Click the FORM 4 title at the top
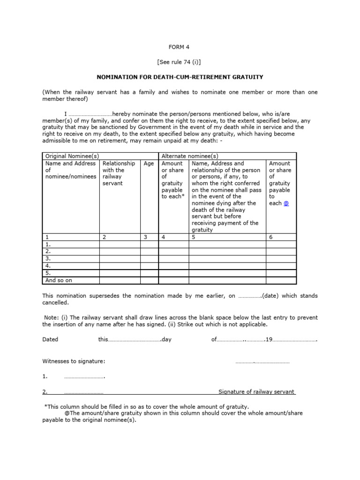click(180, 47)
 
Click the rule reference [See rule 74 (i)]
click(180, 62)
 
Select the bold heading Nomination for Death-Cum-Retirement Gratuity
click(180, 76)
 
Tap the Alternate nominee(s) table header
click(190, 156)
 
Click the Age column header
click(149, 164)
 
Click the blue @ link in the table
click(286, 203)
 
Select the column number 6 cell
click(271, 237)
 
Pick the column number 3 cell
click(146, 237)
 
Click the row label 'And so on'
click(59, 280)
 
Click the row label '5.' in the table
click(48, 273)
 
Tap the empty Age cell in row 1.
click(150, 244)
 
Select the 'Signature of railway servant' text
click(256, 392)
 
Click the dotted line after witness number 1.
click(84, 377)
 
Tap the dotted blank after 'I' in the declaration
click(90, 114)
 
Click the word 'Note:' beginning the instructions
click(53, 317)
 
